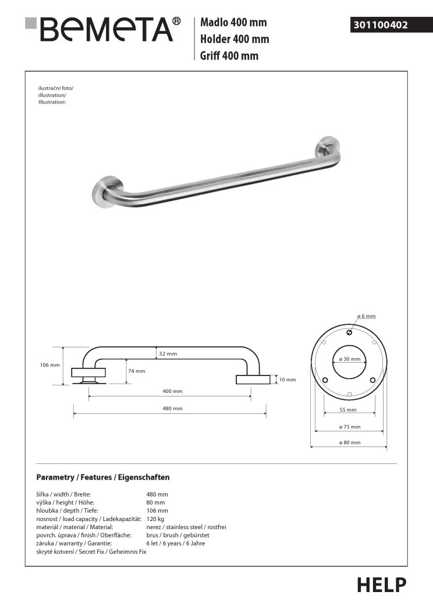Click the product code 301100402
pos(380,25)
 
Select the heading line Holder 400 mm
pos(235,40)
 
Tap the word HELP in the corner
pos(381,584)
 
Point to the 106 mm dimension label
pos(50,365)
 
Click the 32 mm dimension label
pos(168,354)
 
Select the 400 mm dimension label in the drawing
pos(173,391)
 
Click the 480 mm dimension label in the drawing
pos(173,409)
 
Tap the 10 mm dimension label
pos(288,380)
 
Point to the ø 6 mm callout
pos(367,316)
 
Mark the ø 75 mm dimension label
pos(350,427)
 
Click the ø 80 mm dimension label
pos(350,443)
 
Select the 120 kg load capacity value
pos(155,518)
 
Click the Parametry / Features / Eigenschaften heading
pos(103,477)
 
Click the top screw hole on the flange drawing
pos(348,333)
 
